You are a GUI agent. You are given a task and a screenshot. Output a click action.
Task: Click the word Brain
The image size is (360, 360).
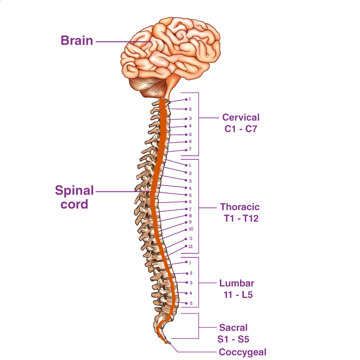pyautogui.click(x=77, y=41)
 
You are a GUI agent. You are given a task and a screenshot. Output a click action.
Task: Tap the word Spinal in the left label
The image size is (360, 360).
pyautogui.click(x=74, y=191)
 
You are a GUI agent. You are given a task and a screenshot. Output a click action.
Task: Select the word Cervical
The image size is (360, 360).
pyautogui.click(x=241, y=117)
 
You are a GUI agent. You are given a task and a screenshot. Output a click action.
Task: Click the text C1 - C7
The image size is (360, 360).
pyautogui.click(x=241, y=129)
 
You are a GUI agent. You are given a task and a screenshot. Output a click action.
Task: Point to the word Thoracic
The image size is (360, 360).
pyautogui.click(x=240, y=207)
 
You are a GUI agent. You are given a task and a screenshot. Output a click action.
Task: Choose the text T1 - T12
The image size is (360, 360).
pyautogui.click(x=241, y=218)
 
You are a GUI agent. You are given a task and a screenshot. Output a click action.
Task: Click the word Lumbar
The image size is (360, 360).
pyautogui.click(x=237, y=283)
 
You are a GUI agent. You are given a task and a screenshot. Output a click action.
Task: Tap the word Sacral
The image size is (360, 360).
pyautogui.click(x=233, y=328)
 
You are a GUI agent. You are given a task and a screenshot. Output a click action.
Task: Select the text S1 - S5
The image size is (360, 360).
pyautogui.click(x=233, y=339)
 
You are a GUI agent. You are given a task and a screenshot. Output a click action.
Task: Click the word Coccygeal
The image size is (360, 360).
pyautogui.click(x=242, y=352)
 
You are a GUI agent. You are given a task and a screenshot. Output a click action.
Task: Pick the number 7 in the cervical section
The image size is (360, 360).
pyautogui.click(x=190, y=149)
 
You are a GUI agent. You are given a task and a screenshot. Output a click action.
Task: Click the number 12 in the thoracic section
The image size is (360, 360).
pyautogui.click(x=191, y=247)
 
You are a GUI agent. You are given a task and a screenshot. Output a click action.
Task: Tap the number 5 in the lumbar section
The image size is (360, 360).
pyautogui.click(x=191, y=303)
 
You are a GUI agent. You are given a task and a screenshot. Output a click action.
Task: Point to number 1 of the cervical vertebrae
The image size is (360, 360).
pyautogui.click(x=190, y=99)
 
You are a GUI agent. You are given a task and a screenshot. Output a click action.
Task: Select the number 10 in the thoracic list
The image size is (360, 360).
pyautogui.click(x=191, y=229)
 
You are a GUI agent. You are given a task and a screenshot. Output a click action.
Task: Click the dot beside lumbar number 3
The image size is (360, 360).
pyautogui.click(x=186, y=282)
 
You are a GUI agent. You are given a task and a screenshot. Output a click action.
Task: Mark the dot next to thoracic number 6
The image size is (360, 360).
pyautogui.click(x=186, y=202)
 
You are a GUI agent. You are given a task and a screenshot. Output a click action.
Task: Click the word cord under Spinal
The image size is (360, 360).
pyautogui.click(x=74, y=204)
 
